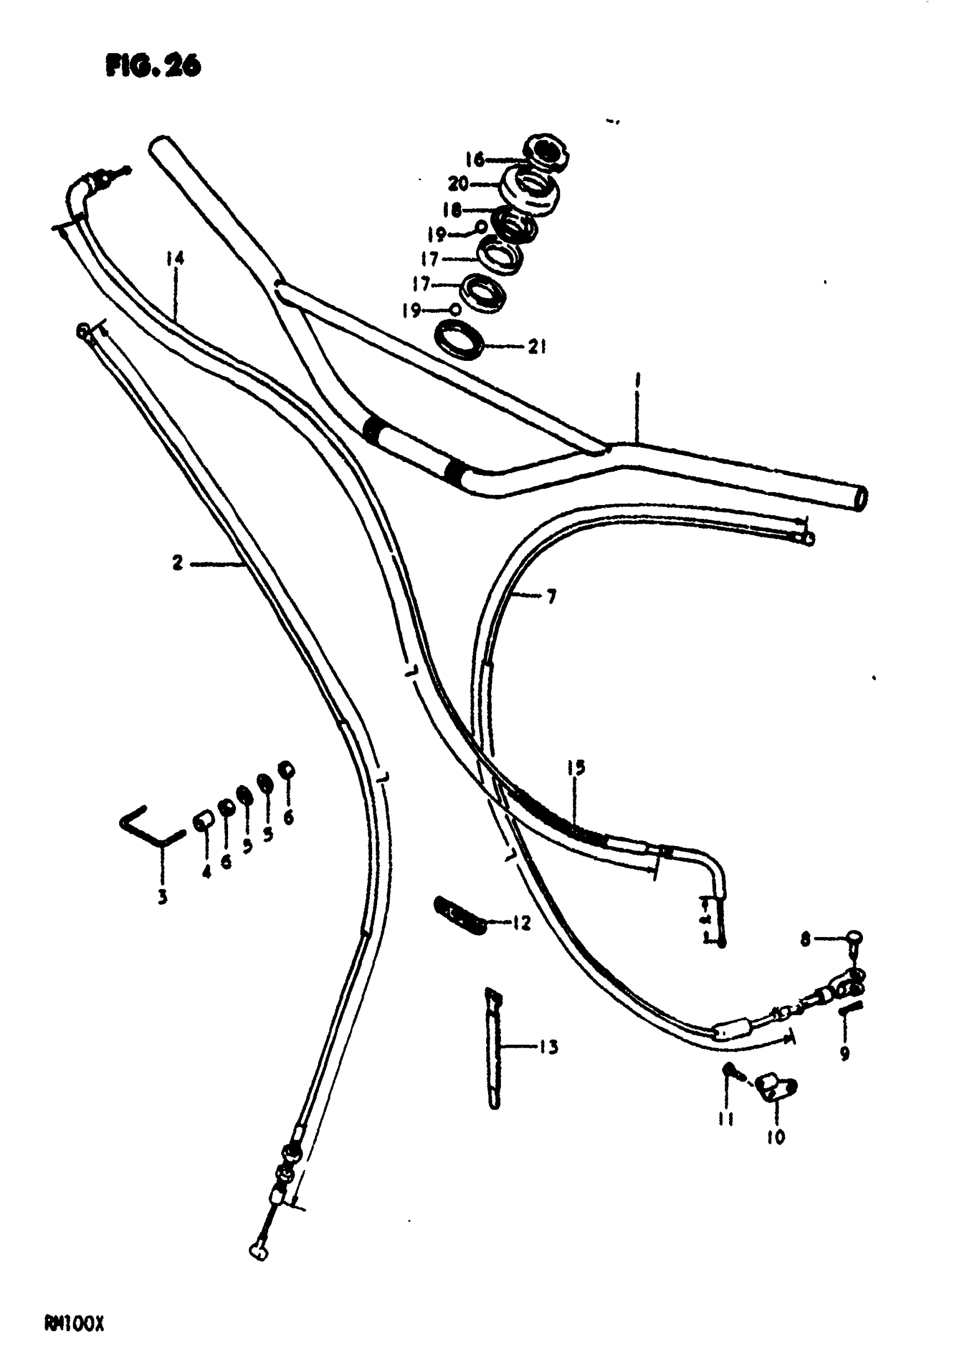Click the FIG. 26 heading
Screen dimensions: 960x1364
(153, 66)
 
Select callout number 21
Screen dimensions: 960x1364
(537, 347)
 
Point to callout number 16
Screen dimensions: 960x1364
(475, 159)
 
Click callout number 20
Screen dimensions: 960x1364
(458, 185)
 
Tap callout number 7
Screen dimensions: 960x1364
(551, 596)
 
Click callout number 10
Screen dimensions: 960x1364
(776, 1136)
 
